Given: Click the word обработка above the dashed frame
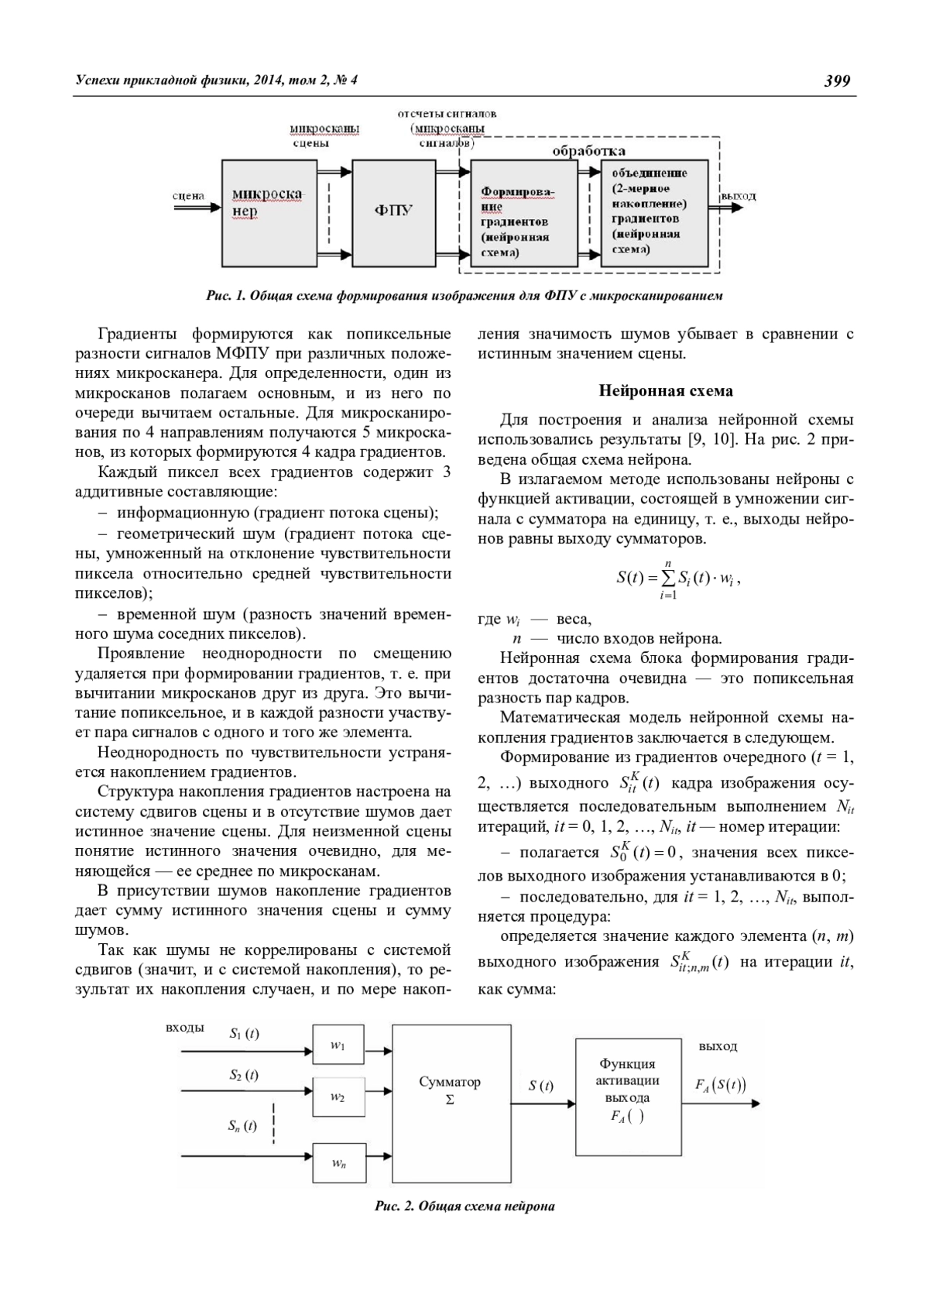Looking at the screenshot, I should [x=589, y=150].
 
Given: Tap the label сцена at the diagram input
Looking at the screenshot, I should [x=188, y=196].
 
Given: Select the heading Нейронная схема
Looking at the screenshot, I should [x=666, y=390].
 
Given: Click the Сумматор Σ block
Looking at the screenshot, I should [x=451, y=1090].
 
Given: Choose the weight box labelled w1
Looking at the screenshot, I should [x=338, y=1045].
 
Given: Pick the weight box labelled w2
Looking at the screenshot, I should [x=338, y=1097].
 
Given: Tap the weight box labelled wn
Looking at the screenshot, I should [x=338, y=1162].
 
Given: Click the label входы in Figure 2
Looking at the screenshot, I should [x=185, y=1028].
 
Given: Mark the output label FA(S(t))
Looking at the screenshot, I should [x=720, y=1085].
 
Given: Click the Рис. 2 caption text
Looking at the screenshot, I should [x=464, y=1207].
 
